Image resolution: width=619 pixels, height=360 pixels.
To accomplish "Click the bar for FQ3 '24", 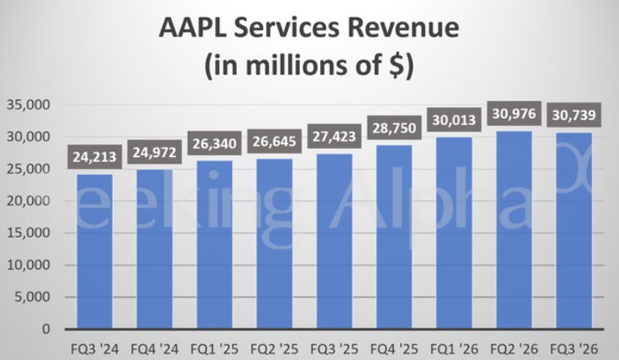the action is (95, 251).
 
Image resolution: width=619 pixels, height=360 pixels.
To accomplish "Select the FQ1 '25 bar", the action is (214, 245).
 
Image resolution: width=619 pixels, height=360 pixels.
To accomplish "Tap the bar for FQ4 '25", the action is (394, 237).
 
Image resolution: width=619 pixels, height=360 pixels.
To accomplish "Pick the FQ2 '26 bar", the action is (514, 230).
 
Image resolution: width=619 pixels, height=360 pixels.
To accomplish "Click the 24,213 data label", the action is (95, 157).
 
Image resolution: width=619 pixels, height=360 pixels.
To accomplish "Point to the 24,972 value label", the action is (155, 152).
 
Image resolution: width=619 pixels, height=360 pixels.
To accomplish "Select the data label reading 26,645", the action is (274, 141).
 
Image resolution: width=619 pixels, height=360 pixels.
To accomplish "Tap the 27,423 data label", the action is (335, 137).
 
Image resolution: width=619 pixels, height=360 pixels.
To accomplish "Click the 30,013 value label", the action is (454, 120).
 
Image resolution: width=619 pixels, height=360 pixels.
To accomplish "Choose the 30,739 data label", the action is (574, 115).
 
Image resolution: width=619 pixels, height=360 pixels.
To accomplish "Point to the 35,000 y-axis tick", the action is (28, 104).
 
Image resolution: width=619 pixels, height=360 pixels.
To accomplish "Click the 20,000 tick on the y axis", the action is (28, 200).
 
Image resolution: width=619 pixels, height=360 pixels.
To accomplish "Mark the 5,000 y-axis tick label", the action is (33, 297).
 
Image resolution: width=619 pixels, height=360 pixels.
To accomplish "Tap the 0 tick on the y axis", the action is (47, 329).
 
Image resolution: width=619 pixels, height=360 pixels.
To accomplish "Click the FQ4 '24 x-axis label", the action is (155, 349).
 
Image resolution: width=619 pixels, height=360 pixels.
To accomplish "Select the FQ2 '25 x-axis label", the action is (274, 349).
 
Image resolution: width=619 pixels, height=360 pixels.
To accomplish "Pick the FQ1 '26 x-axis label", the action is (454, 349).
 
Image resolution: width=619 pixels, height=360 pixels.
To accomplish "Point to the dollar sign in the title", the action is (397, 65).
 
